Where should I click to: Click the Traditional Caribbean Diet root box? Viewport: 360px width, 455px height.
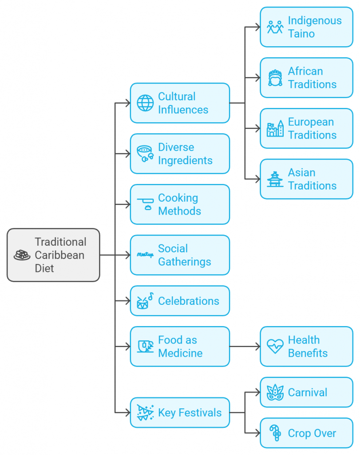click(x=53, y=255)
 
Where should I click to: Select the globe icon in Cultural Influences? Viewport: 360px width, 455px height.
click(x=145, y=103)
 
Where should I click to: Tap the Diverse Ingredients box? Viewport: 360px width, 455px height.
click(x=180, y=154)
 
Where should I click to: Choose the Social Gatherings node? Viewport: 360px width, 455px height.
click(x=180, y=255)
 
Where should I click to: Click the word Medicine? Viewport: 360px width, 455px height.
click(x=180, y=353)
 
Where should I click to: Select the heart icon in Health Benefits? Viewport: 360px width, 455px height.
click(x=275, y=347)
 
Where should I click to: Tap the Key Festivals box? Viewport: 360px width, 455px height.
click(x=180, y=413)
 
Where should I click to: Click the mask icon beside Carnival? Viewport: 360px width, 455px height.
click(x=275, y=393)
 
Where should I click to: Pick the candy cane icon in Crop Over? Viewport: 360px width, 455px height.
click(x=275, y=433)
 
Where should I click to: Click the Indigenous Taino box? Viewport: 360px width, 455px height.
click(x=306, y=27)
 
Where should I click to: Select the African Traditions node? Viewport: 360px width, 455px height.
click(x=306, y=78)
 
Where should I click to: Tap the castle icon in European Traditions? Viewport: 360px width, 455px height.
click(x=275, y=129)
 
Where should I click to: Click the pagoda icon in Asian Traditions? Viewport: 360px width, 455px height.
click(x=275, y=179)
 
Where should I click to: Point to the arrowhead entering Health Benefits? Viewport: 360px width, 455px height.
click(x=257, y=347)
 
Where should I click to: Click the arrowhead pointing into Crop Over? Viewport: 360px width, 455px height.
click(x=257, y=433)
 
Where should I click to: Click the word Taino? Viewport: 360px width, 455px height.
click(x=301, y=34)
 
